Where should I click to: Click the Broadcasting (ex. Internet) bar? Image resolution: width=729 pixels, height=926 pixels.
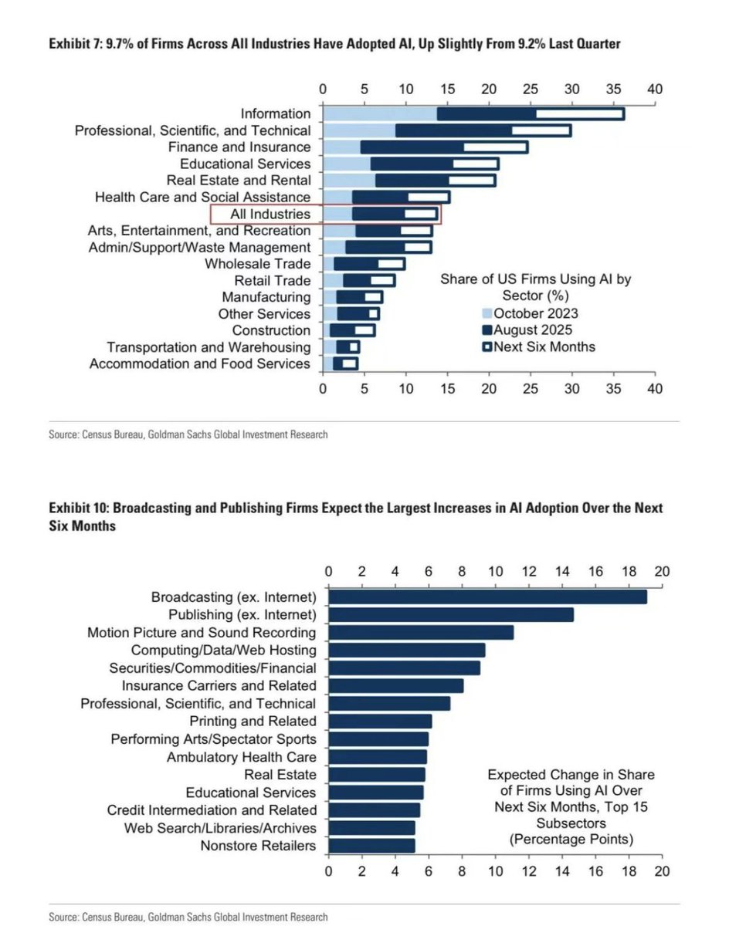pyautogui.click(x=487, y=596)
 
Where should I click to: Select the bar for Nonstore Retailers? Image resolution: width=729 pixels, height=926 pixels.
pyautogui.click(x=371, y=846)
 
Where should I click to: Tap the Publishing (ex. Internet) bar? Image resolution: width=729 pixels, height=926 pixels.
pyautogui.click(x=451, y=614)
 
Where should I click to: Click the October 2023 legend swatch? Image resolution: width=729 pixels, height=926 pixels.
pyautogui.click(x=487, y=313)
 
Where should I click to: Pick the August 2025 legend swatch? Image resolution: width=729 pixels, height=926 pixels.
pyautogui.click(x=487, y=330)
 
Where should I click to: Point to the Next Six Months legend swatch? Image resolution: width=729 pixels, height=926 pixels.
pyautogui.click(x=487, y=346)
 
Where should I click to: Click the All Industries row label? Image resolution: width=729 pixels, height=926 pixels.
pyautogui.click(x=270, y=214)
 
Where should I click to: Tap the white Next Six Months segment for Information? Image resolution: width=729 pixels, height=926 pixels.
pyautogui.click(x=580, y=114)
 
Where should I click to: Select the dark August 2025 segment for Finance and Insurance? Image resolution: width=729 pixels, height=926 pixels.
pyautogui.click(x=412, y=147)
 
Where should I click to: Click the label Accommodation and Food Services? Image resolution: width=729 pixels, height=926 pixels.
pyautogui.click(x=200, y=363)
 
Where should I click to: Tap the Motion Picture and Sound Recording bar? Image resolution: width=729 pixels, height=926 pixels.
pyautogui.click(x=421, y=633)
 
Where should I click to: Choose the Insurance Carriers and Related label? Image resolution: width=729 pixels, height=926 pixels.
pyautogui.click(x=219, y=685)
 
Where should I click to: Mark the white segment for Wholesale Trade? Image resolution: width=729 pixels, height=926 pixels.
pyautogui.click(x=391, y=264)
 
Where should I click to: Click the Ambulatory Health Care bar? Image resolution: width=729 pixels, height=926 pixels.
pyautogui.click(x=378, y=757)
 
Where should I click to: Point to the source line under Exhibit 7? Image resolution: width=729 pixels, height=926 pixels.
pyautogui.click(x=188, y=434)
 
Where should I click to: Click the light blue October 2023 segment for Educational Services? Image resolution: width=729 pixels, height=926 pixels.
pyautogui.click(x=347, y=164)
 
